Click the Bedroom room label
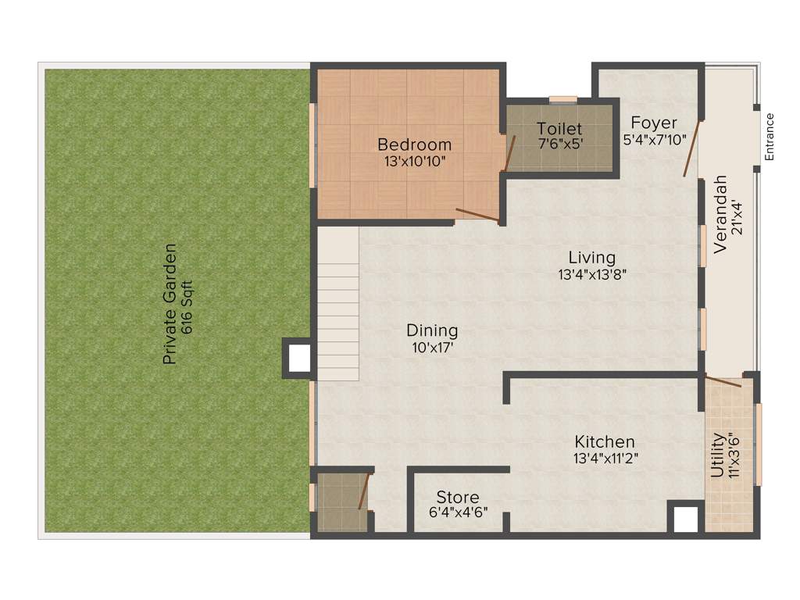pos(414,145)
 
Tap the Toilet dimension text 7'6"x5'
pos(559,144)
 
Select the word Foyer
pos(654,123)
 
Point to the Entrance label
pos(769,137)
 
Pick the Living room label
pos(591,257)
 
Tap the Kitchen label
pos(605,441)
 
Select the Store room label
pos(458,498)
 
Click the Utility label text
pos(716,455)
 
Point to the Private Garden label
pos(170,305)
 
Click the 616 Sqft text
pos(187,305)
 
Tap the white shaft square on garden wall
pos(298,359)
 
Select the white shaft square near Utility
pos(685,519)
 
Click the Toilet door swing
pos(509,153)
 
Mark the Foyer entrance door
pos(691,148)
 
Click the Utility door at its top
pos(723,381)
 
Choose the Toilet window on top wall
pos(562,99)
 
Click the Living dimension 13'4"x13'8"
pos(592,274)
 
